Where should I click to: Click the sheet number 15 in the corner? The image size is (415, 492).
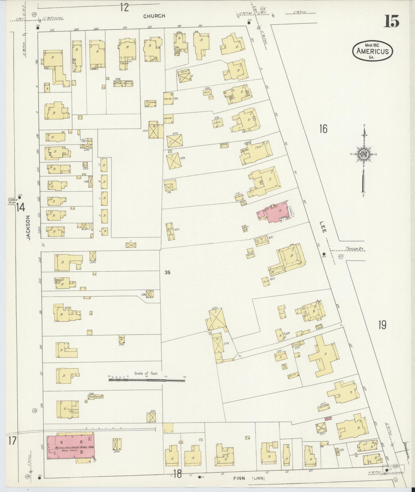point(392,21)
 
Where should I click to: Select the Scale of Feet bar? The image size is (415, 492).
point(147,379)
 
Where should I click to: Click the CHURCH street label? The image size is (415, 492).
point(154,16)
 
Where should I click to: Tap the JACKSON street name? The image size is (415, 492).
point(28,228)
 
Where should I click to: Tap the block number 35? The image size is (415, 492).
point(167,273)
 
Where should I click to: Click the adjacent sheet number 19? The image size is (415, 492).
point(382,325)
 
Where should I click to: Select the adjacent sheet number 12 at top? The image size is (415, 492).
point(124,7)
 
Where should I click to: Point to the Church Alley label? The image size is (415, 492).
point(12,201)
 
